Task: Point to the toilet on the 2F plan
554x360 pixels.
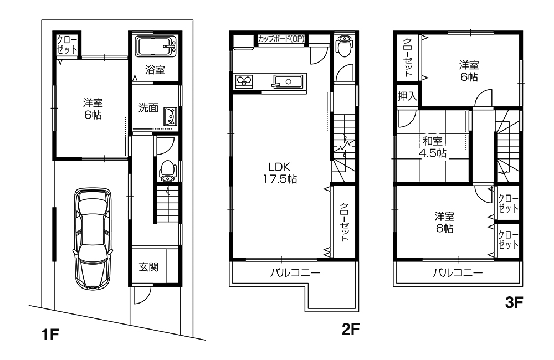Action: point(343,46)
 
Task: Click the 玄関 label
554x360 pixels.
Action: point(148,267)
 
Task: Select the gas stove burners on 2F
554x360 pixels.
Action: point(244,81)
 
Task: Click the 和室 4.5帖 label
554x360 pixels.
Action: point(434,147)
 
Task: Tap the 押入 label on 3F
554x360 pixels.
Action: point(407,96)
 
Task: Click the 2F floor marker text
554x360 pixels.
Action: point(351,330)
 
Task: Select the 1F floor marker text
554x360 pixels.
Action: point(49,335)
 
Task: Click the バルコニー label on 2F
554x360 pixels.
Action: point(295,273)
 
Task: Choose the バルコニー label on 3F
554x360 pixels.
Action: point(458,273)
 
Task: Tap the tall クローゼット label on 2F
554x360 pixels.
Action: point(344,222)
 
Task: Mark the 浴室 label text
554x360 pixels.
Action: point(155,70)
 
